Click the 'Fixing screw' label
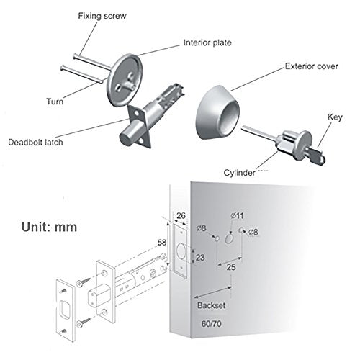102,16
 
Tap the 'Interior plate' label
207,42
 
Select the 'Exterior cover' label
312,66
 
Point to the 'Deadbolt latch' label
35,142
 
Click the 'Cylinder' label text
239,173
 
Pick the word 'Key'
335,117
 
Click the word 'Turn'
55,102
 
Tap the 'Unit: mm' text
50,227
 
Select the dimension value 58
162,243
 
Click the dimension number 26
181,215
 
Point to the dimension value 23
200,258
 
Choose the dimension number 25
231,267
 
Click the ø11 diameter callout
238,215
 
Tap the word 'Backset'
211,305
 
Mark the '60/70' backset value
211,324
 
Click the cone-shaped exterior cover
218,112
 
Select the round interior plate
125,80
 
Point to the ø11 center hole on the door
230,239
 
